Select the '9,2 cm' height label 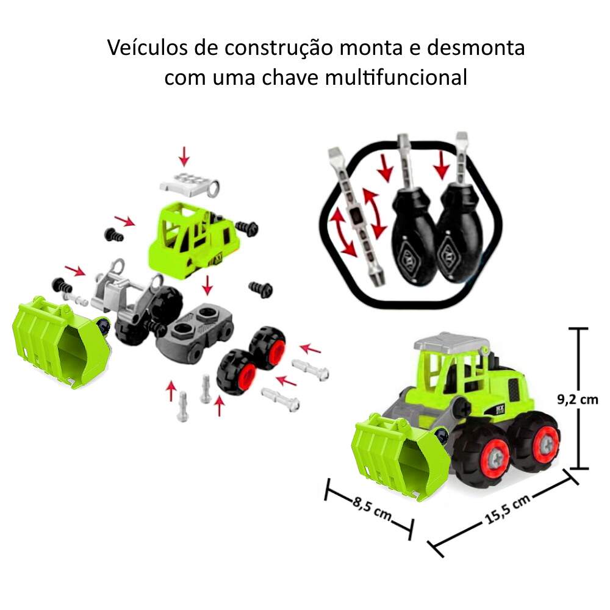pyautogui.click(x=578, y=400)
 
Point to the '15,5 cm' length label pyautogui.click(x=508, y=509)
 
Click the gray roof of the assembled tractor pyautogui.click(x=451, y=342)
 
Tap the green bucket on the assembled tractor pyautogui.click(x=401, y=457)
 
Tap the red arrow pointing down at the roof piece pyautogui.click(x=184, y=156)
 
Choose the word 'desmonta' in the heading pyautogui.click(x=476, y=48)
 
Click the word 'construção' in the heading pyautogui.click(x=278, y=49)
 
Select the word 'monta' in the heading pyautogui.click(x=371, y=49)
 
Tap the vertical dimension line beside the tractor pyautogui.click(x=578, y=398)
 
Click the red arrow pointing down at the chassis pyautogui.click(x=208, y=285)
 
